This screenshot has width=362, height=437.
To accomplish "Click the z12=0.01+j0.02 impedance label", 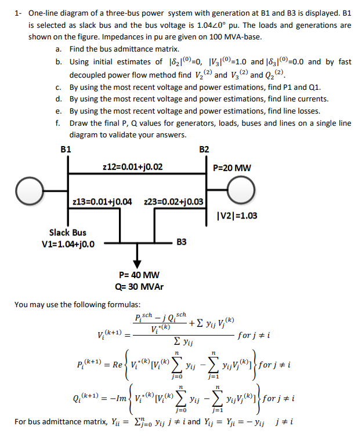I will [x=132, y=167].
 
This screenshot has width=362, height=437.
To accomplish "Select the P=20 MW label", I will [x=233, y=168].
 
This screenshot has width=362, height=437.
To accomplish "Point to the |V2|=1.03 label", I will [x=236, y=216].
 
